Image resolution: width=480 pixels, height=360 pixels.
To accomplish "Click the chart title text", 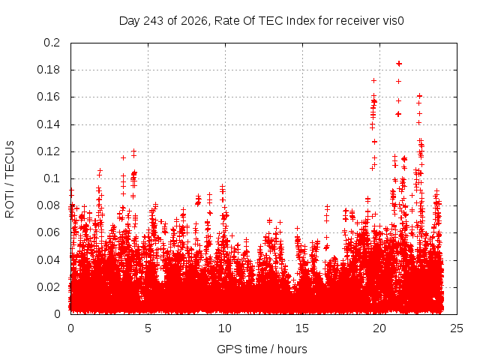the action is pos(262,21).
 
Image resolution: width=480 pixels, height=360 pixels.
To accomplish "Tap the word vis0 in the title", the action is pos(393,21).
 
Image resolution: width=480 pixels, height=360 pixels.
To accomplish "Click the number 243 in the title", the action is pos(153,21).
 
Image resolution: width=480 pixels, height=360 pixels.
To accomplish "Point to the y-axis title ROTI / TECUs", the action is pos(10,179).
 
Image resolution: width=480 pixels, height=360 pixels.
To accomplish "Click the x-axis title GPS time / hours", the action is pos(262,349).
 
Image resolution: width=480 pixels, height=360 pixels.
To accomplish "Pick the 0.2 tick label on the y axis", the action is pos(52,43).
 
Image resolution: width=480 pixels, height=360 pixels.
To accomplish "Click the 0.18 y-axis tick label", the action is pos(48,70).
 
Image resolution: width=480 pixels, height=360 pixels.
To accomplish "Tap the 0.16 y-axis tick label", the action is pos(48,97).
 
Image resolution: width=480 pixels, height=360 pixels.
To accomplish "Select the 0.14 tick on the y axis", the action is pos(48,124).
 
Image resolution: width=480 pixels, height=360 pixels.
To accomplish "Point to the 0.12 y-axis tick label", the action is pos(48,151).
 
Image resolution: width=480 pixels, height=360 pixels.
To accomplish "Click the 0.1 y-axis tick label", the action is pos(52,178).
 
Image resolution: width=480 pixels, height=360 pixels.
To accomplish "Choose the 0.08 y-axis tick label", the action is pos(48,205).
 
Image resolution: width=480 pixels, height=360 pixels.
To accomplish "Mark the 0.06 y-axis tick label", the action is pos(48,232).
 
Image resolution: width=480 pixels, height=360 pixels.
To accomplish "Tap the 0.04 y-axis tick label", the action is pos(48,260).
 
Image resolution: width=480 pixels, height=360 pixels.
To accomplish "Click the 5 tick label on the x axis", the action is pos(148,328).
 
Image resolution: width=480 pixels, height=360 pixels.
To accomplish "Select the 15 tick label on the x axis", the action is pos(302,328).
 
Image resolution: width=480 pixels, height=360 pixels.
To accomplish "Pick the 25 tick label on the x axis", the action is pos(457,328).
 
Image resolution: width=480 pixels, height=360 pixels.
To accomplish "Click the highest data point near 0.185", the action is pos(399,64).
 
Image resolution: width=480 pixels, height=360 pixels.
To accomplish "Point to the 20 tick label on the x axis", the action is pos(379,328).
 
